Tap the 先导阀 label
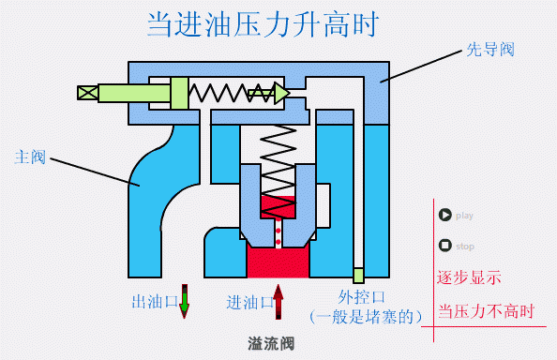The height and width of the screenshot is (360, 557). pos(489,49)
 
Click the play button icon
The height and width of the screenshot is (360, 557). pos(445,215)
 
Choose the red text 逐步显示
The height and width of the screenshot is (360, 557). pos(469,278)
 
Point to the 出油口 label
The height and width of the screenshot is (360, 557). pos(154,302)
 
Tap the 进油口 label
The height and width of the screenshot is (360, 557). pos(249,302)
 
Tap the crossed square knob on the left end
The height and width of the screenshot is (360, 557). pos(87,92)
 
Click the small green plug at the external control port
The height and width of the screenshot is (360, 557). pos(357,276)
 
